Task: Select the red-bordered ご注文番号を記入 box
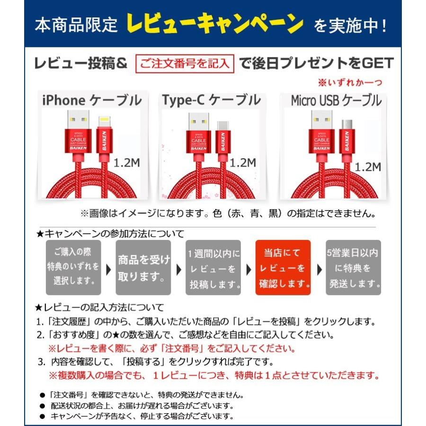[185, 63]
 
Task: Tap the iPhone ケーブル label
[92, 100]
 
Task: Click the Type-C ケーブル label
[211, 100]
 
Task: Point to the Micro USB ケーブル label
[336, 101]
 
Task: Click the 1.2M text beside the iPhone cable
[126, 163]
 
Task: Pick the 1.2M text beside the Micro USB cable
[368, 167]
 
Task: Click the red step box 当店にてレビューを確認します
[283, 268]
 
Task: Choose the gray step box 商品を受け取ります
[143, 268]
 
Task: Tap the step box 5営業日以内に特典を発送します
[353, 268]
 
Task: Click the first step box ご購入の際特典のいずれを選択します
[73, 268]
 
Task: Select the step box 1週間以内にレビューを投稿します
[213, 268]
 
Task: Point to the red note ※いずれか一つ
[349, 83]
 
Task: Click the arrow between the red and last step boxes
[319, 269]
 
